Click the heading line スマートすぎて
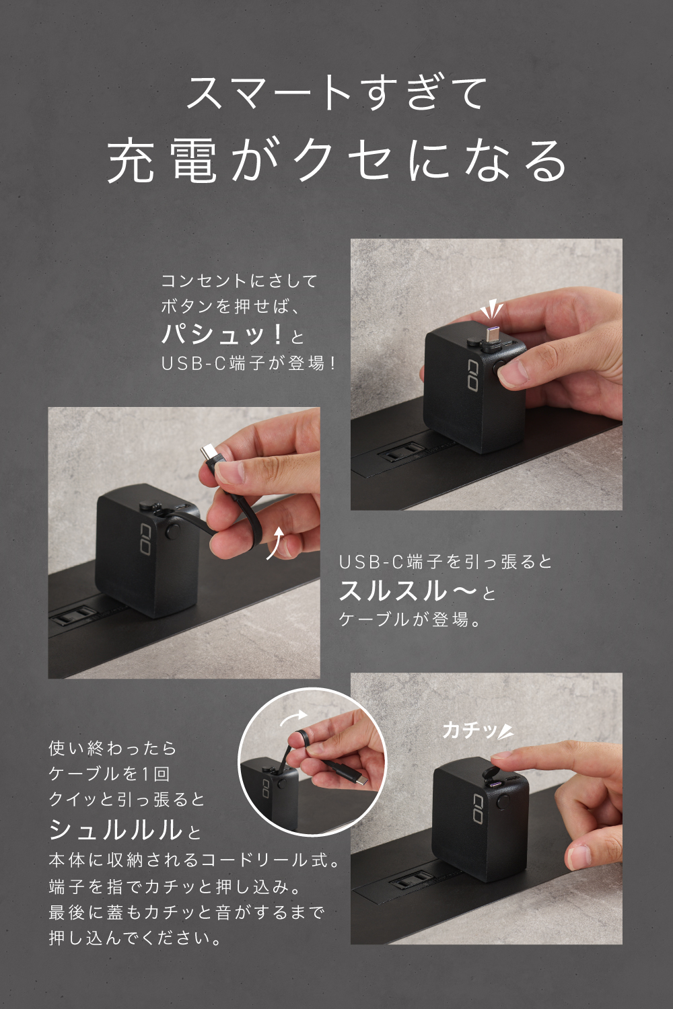click(336, 93)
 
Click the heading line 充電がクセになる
click(336, 161)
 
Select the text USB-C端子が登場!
click(248, 363)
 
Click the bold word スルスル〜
click(407, 591)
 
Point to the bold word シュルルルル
click(115, 829)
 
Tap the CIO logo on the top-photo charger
click(473, 375)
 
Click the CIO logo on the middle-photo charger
click(145, 539)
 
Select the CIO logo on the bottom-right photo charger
click(479, 809)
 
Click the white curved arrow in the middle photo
click(276, 542)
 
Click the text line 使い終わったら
click(112, 749)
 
